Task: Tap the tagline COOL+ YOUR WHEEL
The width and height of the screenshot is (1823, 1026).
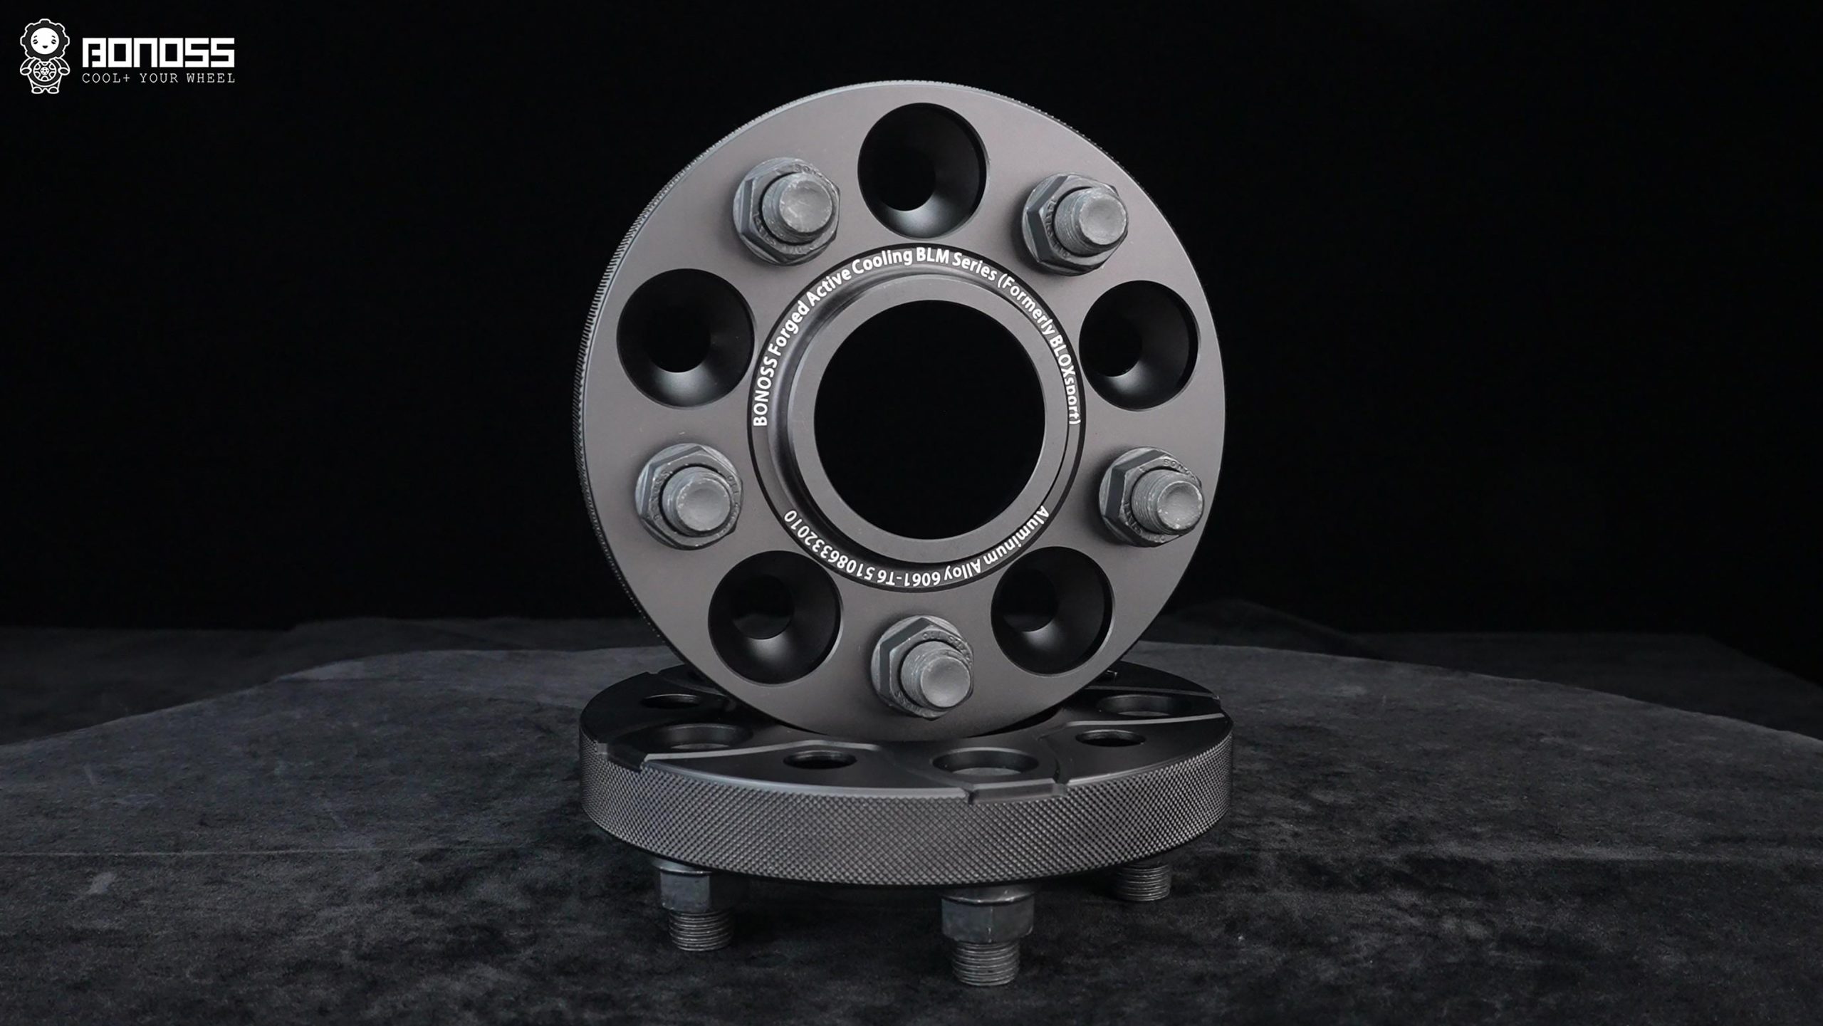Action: (x=158, y=78)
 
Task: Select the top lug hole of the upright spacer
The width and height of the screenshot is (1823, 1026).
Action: (x=923, y=169)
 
